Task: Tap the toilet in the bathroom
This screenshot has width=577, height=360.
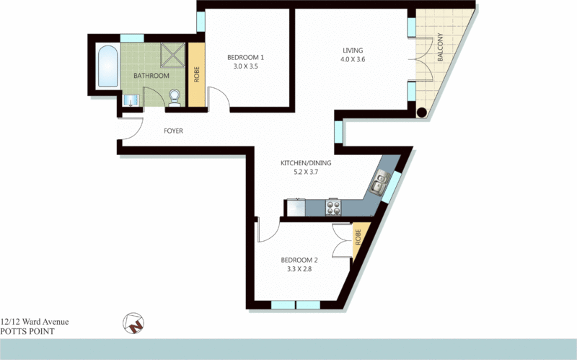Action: [173, 97]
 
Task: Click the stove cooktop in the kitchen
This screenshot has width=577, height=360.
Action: [335, 208]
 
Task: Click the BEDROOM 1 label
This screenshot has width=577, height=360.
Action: [246, 57]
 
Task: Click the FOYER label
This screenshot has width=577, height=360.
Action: [174, 131]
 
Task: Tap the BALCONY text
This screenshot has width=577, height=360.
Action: [440, 50]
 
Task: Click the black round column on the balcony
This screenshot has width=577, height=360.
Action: [421, 112]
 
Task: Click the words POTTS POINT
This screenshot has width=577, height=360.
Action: [27, 332]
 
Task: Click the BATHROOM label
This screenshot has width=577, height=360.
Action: [151, 76]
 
